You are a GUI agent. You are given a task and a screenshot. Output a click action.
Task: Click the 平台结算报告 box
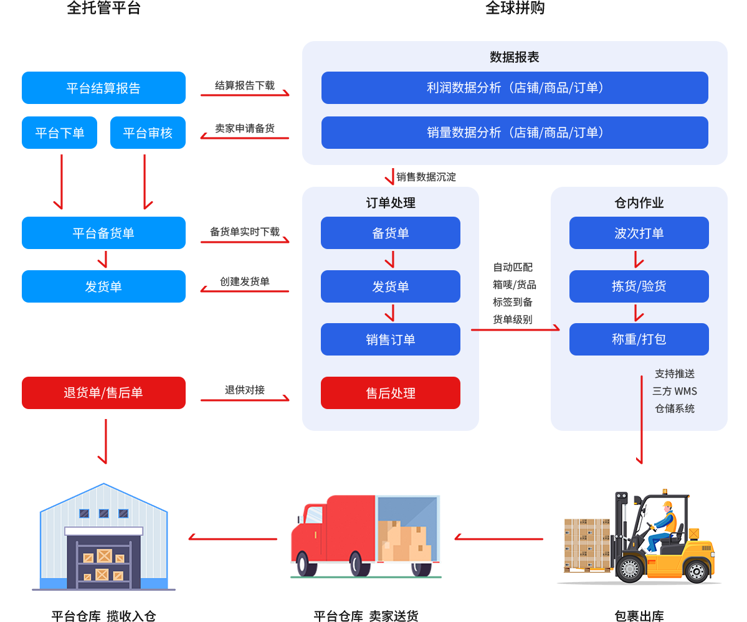103,88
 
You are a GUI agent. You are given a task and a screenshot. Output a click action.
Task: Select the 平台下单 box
59,133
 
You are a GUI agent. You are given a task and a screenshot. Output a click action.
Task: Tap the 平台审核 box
148,133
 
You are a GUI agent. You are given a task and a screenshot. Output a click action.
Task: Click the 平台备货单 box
103,233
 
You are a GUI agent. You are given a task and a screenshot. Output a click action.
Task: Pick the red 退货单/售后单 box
103,393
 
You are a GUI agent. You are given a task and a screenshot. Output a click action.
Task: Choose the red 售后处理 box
390,393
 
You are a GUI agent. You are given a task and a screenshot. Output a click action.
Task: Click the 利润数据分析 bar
515,88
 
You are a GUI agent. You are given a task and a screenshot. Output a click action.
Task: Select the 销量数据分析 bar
515,133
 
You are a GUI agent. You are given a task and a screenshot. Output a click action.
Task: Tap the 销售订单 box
390,339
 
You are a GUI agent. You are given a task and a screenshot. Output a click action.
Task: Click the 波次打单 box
639,233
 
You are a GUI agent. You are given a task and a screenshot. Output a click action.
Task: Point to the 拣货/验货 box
639,286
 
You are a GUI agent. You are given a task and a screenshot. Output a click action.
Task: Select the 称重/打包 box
639,339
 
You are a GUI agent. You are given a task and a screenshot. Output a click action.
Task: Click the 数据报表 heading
514,57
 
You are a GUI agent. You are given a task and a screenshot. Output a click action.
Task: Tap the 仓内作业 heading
639,203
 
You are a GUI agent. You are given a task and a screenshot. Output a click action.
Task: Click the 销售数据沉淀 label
426,177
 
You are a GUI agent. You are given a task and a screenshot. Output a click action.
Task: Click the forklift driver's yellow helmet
667,504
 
